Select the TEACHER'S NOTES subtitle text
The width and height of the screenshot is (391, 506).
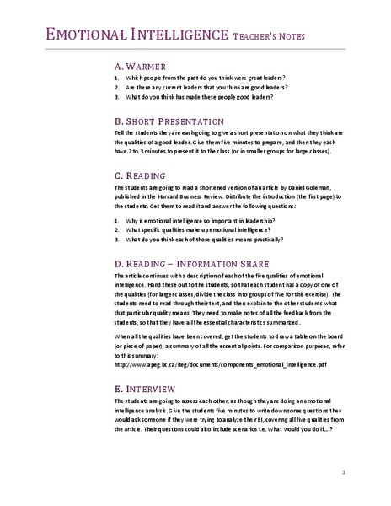click(x=265, y=36)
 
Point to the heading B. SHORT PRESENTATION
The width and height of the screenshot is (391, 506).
click(x=168, y=121)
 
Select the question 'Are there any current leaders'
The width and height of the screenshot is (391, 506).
click(x=206, y=88)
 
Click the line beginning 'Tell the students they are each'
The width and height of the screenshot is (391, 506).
click(x=227, y=133)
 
